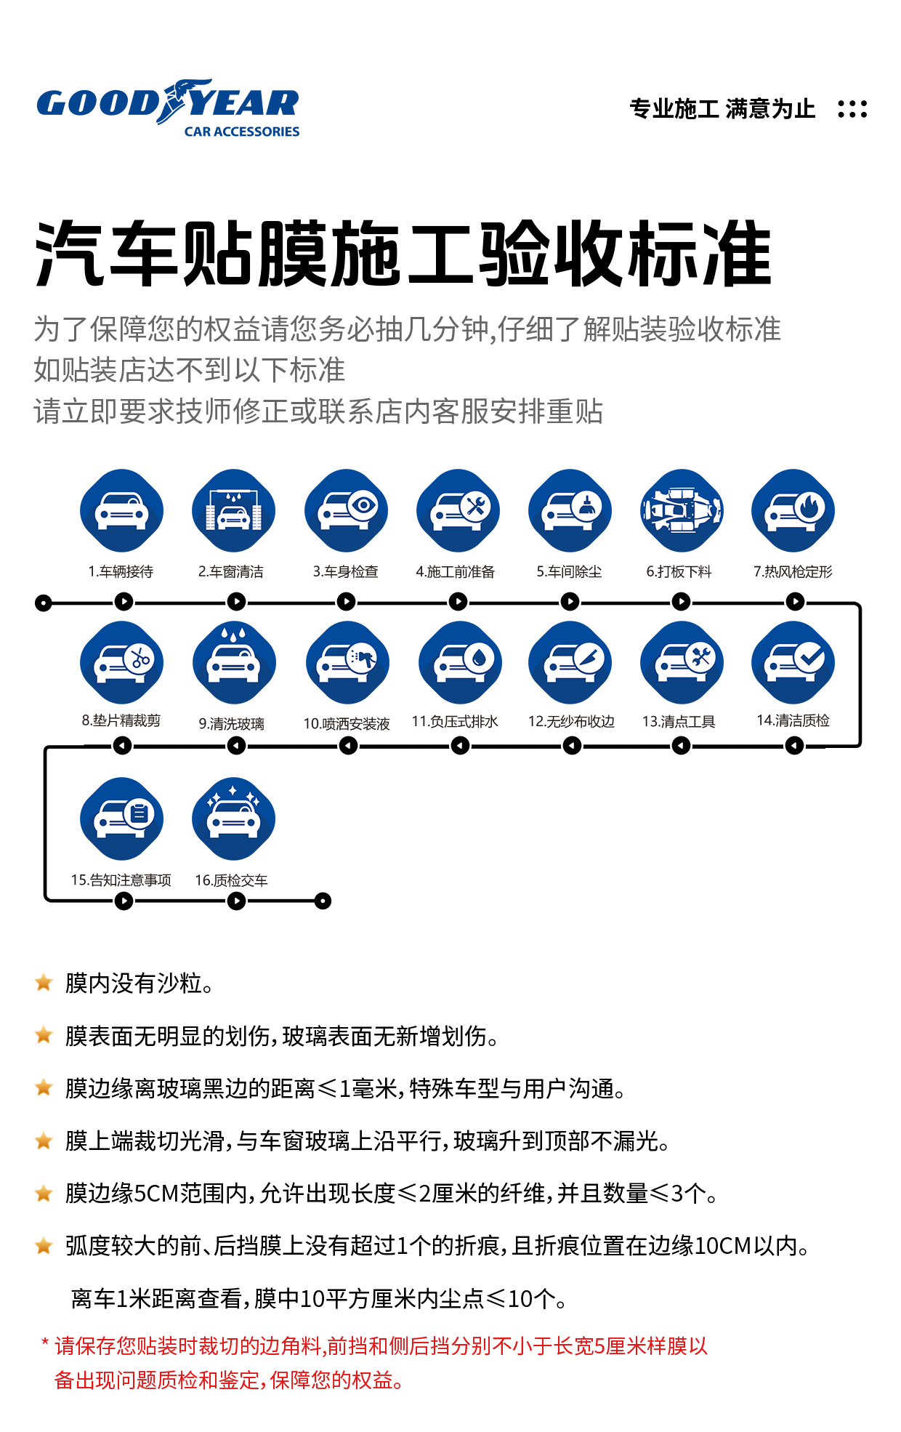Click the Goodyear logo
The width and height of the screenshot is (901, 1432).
[168, 108]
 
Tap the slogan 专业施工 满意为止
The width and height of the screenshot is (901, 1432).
[722, 109]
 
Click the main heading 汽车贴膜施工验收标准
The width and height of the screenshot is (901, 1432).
[403, 254]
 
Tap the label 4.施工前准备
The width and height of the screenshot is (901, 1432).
[455, 572]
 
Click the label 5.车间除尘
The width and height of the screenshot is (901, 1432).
[569, 572]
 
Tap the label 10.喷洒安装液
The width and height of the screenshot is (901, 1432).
[347, 724]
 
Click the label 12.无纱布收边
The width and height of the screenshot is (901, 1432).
[571, 722]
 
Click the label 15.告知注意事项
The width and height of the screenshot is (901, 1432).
[121, 880]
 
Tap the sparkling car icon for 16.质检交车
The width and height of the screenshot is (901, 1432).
[233, 818]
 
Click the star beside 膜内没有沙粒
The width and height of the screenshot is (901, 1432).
[44, 983]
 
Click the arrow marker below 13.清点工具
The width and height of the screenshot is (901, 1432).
[681, 746]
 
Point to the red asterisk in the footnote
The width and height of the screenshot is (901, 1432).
[45, 1344]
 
